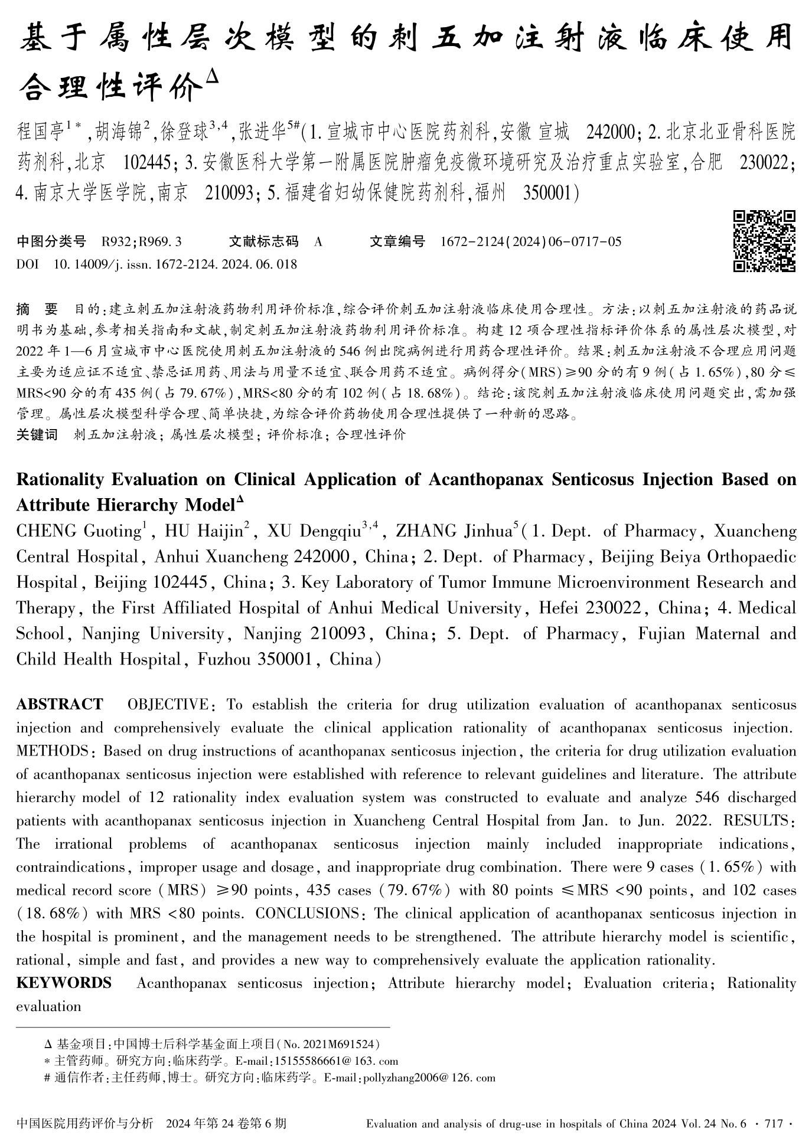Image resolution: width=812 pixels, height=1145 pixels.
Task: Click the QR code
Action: point(764,241)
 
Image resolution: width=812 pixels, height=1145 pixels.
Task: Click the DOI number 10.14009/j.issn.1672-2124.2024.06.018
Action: point(175,264)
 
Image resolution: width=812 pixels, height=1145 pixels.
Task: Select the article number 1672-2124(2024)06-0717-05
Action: point(531,241)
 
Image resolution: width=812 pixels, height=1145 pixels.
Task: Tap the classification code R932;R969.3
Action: point(141,241)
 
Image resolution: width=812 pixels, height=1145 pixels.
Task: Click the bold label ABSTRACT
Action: point(60,705)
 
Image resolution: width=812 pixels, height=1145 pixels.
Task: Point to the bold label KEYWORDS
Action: point(64,983)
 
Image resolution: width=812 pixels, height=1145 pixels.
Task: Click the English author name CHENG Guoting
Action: point(77,531)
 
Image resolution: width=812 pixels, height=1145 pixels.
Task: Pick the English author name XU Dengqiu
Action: point(314,531)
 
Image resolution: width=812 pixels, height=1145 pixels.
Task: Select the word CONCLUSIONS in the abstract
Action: point(307,914)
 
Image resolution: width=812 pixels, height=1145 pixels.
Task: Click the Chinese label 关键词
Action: point(37,435)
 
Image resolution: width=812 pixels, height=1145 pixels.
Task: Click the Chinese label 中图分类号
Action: point(51,241)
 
